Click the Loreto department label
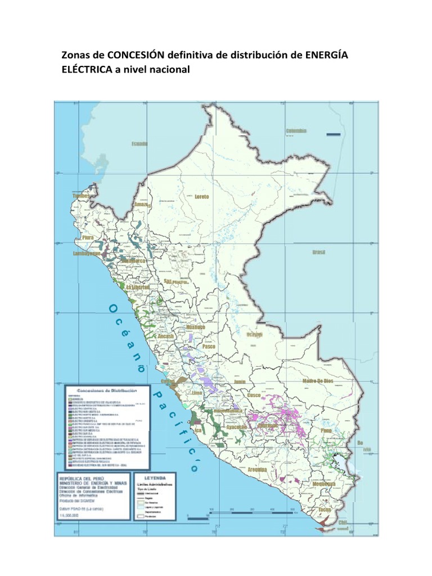[x=201, y=196]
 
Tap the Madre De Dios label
[x=318, y=381]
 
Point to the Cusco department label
[x=254, y=396]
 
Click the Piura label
[x=88, y=238]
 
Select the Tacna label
[x=325, y=510]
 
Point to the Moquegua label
[x=324, y=483]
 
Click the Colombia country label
[x=296, y=130]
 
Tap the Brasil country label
[x=319, y=252]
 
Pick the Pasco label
[x=209, y=347]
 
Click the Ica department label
[x=197, y=431]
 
